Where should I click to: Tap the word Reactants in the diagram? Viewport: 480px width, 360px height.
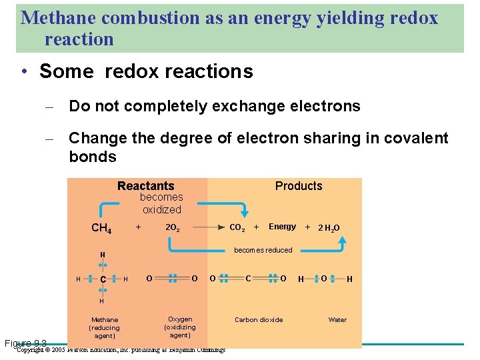coord(145,186)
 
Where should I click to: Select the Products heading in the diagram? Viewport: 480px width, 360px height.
coord(298,186)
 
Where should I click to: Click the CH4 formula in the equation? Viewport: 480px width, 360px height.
coord(101,229)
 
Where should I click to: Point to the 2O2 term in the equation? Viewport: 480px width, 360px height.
coord(172,227)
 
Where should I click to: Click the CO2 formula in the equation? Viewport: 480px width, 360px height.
coord(237,227)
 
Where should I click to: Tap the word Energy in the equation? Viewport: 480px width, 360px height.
coord(282,227)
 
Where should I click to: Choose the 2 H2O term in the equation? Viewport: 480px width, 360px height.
coord(329,228)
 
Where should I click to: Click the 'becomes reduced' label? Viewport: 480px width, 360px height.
coord(263,250)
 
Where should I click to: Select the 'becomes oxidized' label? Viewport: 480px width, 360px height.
coord(161,203)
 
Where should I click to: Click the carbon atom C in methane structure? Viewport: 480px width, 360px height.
coord(103,279)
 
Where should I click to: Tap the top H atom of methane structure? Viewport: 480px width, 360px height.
coord(103,255)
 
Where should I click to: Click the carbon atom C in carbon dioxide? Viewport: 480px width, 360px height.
coord(248,278)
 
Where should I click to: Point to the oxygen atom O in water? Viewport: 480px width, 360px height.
coord(323,278)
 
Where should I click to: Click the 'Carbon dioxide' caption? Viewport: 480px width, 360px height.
coord(259,320)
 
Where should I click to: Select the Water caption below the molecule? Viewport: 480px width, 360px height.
coord(337,320)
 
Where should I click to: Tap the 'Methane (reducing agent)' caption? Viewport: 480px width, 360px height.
coord(105,328)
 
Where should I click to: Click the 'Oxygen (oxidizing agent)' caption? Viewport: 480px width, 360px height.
coord(180,327)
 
